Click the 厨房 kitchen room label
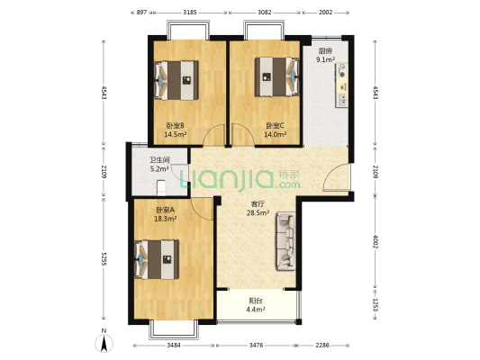pos(325,50)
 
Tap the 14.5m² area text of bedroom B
pos(176,134)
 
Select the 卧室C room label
pos(275,125)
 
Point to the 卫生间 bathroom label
pos(159,160)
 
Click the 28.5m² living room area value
pos(258,212)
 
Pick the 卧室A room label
pos(165,210)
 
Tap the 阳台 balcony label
pos(256,301)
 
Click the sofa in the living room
pos(285,241)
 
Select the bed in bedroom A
pos(157,259)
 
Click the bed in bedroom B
pos(177,80)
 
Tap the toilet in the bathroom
pos(161,188)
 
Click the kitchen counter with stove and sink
pos(341,85)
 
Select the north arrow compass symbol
pos(104,342)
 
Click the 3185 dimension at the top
pos(190,13)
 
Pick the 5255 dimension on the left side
pos(104,259)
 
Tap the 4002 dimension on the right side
pos(376,241)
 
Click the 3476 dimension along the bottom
pos(256,345)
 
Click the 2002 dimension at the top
pos(325,13)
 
